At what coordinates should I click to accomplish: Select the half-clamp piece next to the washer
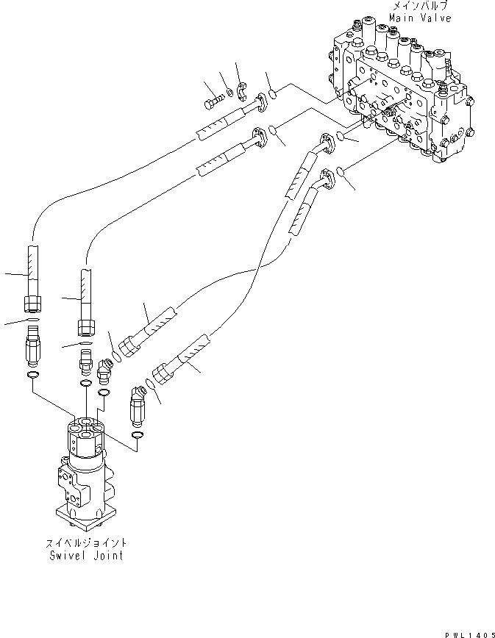click(243, 92)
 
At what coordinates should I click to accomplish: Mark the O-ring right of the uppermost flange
click(271, 94)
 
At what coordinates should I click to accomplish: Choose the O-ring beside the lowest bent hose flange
click(341, 172)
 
